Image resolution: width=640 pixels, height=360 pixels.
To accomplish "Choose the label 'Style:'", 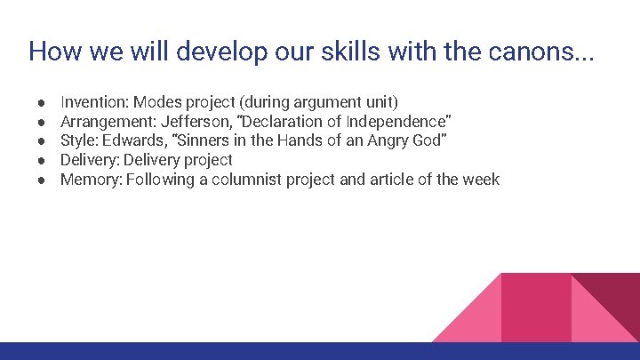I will [x=79, y=140].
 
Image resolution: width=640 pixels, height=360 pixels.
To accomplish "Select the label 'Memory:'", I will [x=91, y=180].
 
